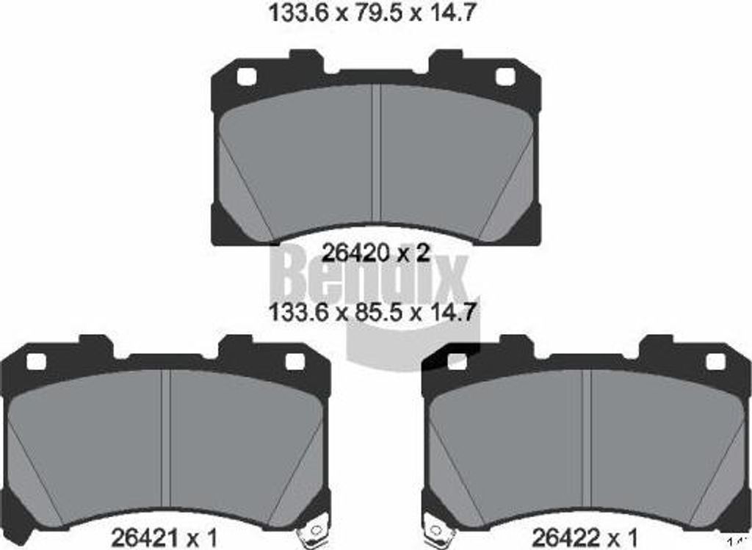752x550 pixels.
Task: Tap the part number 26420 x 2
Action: point(376,253)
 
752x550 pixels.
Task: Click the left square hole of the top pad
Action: point(247,76)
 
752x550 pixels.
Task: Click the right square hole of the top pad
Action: point(505,76)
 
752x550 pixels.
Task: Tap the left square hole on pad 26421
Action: point(36,361)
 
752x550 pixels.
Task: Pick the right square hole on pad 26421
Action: point(294,361)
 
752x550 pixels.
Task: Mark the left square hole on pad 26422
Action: point(457,361)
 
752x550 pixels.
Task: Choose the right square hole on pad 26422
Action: point(715,361)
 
